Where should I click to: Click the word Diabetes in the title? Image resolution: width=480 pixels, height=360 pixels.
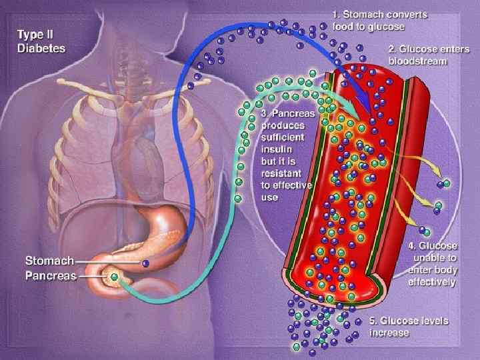point(41,48)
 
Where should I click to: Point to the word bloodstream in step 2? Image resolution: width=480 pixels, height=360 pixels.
point(419,61)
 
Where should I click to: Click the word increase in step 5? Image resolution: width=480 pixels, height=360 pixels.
point(390,333)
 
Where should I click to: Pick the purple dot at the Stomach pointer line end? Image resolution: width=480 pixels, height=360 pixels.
point(145,264)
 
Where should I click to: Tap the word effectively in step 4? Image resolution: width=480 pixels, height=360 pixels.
point(432,283)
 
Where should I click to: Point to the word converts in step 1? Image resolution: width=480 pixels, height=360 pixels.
point(407,14)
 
